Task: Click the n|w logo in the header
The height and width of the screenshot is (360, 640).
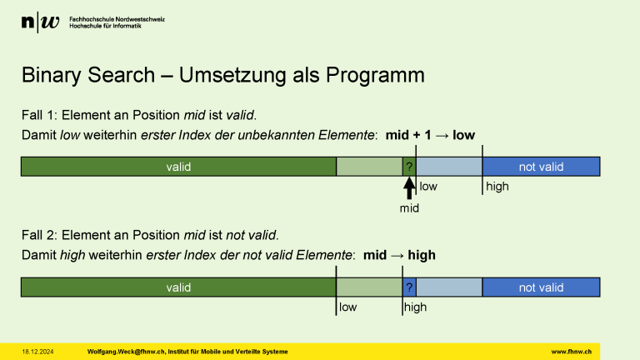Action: point(40,23)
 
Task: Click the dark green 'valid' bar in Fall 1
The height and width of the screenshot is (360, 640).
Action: point(178,167)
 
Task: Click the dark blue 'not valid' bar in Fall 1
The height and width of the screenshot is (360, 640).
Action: point(541,167)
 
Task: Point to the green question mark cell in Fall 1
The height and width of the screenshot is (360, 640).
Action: point(409,167)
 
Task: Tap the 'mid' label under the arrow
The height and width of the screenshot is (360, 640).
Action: point(409,208)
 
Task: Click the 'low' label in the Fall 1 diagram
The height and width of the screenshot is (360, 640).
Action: point(428,187)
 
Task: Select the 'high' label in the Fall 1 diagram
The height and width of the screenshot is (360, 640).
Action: point(497,187)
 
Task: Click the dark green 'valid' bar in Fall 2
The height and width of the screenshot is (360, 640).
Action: point(178,287)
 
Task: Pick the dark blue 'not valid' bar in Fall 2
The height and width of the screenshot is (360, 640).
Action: point(541,287)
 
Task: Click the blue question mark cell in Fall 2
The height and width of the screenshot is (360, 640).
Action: point(409,287)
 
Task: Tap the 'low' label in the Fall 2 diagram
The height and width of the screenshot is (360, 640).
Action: point(348,307)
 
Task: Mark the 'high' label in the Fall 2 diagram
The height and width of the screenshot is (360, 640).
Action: point(415,307)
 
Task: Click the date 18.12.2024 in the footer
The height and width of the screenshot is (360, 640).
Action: point(37,352)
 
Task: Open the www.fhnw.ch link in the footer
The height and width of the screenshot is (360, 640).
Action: point(571,352)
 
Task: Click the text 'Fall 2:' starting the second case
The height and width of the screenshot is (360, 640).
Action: point(39,235)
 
